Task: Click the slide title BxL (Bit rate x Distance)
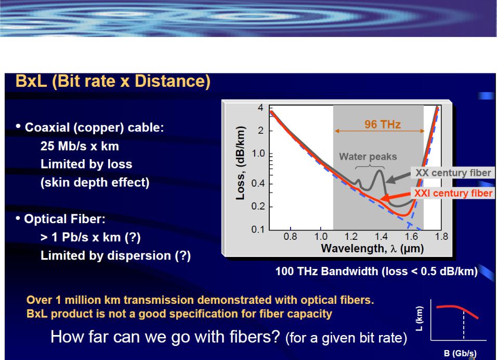113,81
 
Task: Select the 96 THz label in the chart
383,124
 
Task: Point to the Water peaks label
368,157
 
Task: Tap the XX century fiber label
453,173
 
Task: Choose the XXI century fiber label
453,193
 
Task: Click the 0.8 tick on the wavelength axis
290,237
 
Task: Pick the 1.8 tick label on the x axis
441,237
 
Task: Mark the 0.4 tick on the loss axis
258,183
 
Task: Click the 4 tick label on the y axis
260,108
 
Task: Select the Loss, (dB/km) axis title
241,163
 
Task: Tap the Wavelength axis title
372,248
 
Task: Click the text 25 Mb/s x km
80,146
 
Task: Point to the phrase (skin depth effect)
95,183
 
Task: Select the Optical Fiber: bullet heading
64,219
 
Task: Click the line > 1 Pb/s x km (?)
90,237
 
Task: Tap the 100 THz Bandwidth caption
376,272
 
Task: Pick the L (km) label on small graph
419,318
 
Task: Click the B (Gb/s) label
460,353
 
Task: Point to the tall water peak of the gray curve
379,171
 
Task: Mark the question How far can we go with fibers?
165,337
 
